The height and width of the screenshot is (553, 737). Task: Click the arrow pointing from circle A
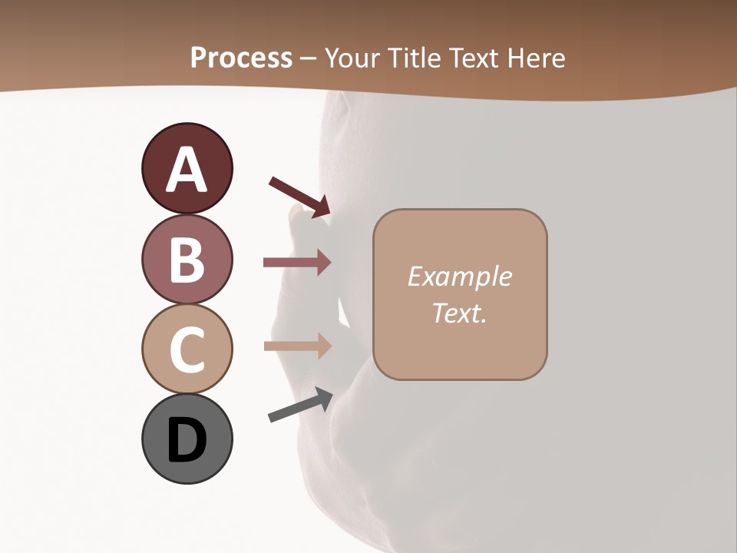[x=299, y=197]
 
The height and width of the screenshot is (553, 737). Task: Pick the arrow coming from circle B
[x=297, y=263]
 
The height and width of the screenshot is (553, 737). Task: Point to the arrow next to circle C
[x=297, y=346]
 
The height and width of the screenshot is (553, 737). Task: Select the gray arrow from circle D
[x=300, y=405]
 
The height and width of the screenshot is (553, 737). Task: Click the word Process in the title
[x=241, y=58]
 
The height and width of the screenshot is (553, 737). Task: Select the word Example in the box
[x=459, y=276]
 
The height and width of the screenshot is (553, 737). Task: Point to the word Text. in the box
[x=459, y=313]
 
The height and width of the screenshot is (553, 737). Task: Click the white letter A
[x=187, y=171]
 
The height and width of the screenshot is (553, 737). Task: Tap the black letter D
[x=187, y=442]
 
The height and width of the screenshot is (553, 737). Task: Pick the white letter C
[x=187, y=350]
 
